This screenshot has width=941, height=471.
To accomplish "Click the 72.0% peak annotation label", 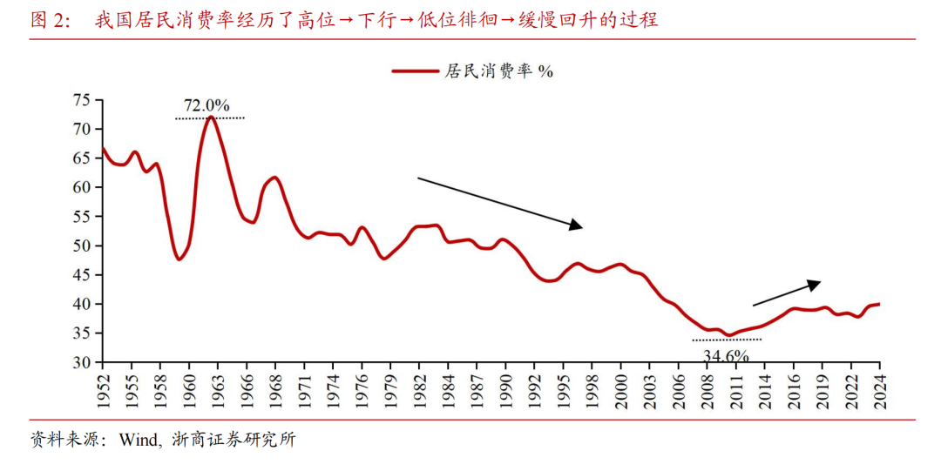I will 206,106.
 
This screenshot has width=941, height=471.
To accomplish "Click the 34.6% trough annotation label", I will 725,354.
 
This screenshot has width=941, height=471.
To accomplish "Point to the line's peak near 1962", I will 211,117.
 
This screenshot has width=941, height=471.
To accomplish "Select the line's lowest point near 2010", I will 728,335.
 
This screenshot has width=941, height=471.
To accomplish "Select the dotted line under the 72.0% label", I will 210,118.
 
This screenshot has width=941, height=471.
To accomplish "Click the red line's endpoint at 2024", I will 878,304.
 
